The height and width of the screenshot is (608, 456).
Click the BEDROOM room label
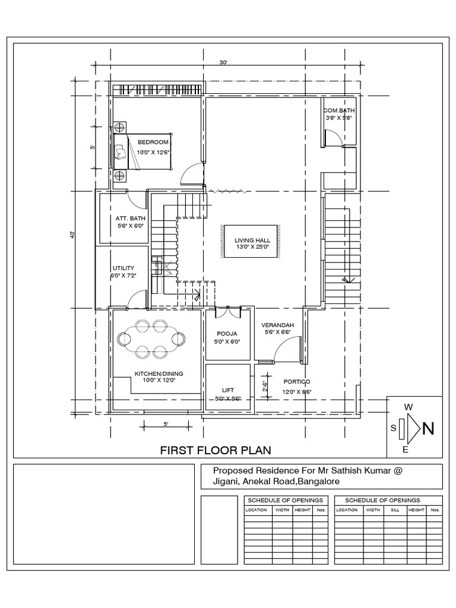pos(153,142)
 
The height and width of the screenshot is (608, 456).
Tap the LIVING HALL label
pos(248,240)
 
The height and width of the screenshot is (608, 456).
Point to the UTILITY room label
pos(123,268)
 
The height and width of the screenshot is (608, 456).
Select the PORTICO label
pos(297,382)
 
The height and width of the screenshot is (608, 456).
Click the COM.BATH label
pos(339,110)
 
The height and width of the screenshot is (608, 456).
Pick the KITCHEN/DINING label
pos(159,373)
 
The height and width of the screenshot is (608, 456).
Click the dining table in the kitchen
pos(151,338)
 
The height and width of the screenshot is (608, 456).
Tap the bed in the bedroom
pos(141,152)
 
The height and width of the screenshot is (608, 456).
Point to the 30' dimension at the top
pos(223,62)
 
